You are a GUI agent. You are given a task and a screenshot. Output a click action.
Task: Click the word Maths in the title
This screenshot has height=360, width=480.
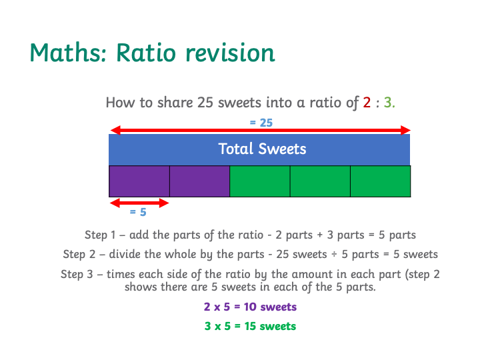point(68,53)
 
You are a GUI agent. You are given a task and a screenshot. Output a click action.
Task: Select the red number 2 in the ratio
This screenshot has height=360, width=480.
point(367,103)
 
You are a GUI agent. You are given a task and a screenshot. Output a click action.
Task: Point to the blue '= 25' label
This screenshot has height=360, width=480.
point(261,123)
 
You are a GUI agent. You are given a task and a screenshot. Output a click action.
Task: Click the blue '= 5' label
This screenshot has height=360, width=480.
point(138,212)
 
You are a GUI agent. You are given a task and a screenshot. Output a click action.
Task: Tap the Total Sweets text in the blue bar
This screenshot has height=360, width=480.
point(262,149)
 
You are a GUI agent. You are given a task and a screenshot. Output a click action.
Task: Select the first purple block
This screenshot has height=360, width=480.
point(139,181)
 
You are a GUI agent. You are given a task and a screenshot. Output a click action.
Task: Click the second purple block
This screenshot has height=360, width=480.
point(199,181)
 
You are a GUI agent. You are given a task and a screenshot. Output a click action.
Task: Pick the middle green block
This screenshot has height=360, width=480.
point(320,181)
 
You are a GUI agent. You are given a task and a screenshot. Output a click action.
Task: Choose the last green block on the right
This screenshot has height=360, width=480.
point(380,181)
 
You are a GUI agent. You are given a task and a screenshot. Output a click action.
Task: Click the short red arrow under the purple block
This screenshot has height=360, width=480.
point(139,203)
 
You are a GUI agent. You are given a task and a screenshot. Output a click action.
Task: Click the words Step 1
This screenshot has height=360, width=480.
point(100,235)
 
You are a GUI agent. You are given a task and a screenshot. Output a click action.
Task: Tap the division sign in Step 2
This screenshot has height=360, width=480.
point(334,255)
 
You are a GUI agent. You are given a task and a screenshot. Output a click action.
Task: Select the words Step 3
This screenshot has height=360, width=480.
point(77,274)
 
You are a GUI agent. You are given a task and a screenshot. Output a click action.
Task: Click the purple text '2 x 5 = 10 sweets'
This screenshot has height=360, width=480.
point(250,307)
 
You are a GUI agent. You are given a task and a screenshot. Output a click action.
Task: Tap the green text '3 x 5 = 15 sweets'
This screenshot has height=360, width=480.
point(250,326)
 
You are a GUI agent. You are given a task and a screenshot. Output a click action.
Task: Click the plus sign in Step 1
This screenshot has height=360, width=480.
point(320,235)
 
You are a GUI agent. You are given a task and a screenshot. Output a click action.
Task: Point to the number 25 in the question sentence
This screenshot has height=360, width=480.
point(205,103)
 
